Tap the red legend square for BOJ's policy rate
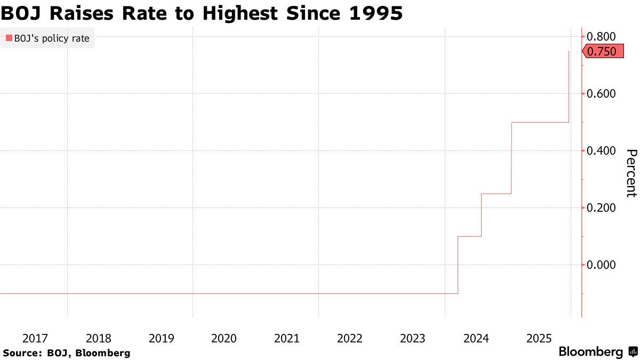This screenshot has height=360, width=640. [9, 38]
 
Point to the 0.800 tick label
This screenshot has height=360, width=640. [601, 37]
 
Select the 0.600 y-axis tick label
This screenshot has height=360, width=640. [601, 94]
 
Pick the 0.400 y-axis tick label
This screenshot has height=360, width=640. [601, 151]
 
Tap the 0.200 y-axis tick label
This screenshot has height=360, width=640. [601, 208]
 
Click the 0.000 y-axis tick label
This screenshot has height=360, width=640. [601, 265]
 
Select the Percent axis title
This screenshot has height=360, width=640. [631, 173]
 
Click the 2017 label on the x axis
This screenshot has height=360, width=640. [36, 338]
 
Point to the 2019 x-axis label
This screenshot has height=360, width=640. [162, 338]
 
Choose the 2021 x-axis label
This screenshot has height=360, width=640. [287, 338]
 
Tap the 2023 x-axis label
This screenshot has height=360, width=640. [413, 338]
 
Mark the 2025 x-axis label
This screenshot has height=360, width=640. [539, 338]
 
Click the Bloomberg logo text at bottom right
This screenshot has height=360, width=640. [590, 352]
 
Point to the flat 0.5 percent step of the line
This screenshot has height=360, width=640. [540, 122]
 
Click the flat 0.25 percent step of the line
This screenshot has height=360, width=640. [496, 194]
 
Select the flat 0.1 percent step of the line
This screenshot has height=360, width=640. [469, 236]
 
